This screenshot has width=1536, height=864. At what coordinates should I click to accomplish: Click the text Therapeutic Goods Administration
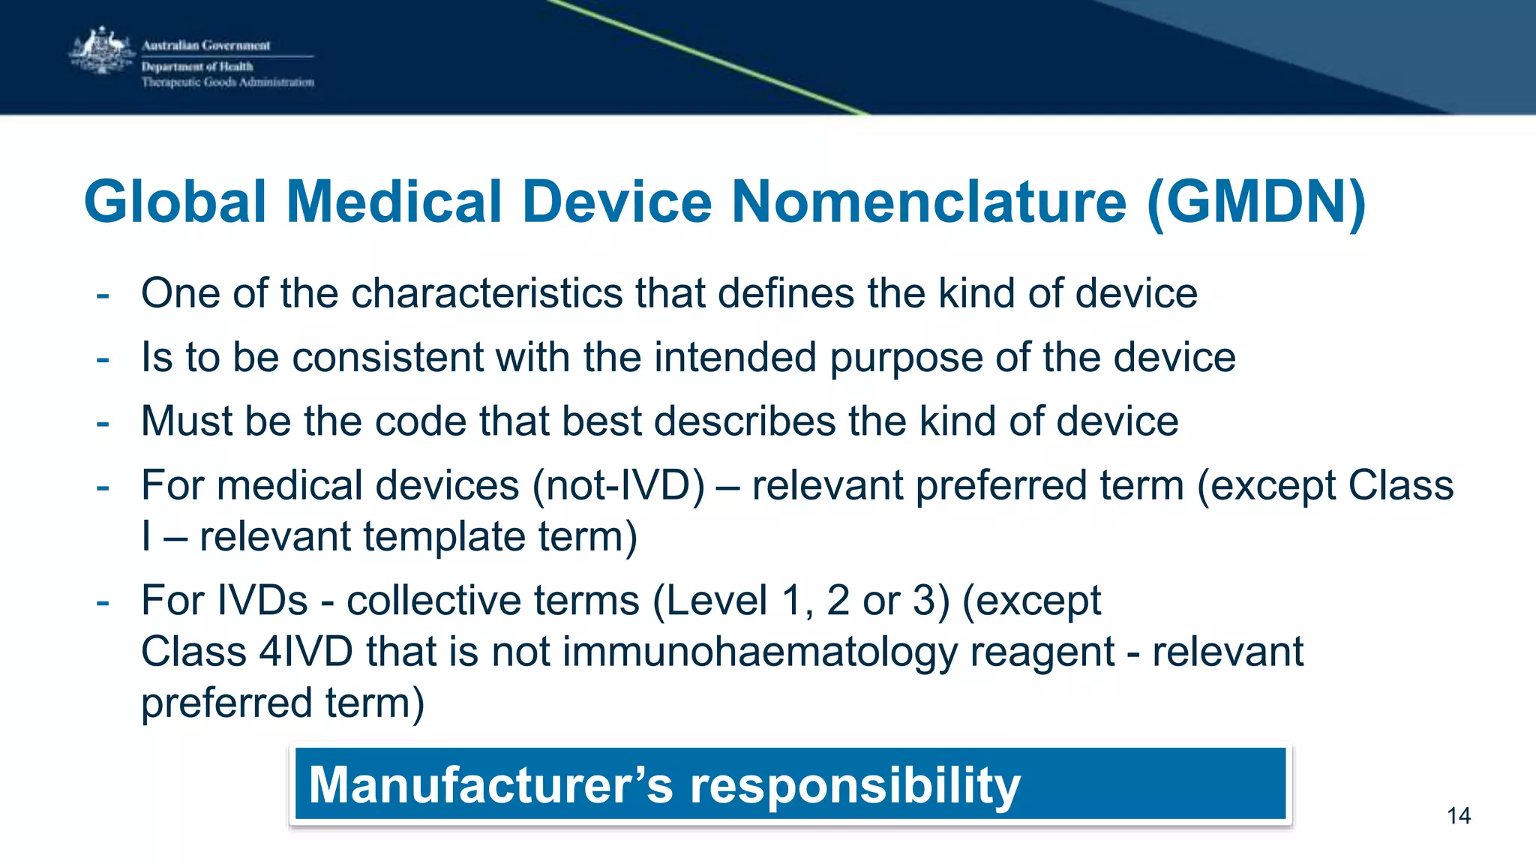pos(228,82)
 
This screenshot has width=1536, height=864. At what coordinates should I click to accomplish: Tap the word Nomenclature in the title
pos(928,202)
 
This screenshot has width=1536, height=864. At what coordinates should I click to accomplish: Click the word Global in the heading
pos(175,202)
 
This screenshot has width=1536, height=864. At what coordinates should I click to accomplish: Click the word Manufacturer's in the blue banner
pos(490,784)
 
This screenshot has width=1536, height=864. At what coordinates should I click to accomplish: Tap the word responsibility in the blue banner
pos(855,786)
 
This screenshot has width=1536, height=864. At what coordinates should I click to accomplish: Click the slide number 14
pos(1458,816)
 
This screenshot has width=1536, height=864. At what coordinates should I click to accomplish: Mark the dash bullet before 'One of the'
pos(103,295)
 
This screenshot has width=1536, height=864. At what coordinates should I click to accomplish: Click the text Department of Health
pos(197,66)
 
